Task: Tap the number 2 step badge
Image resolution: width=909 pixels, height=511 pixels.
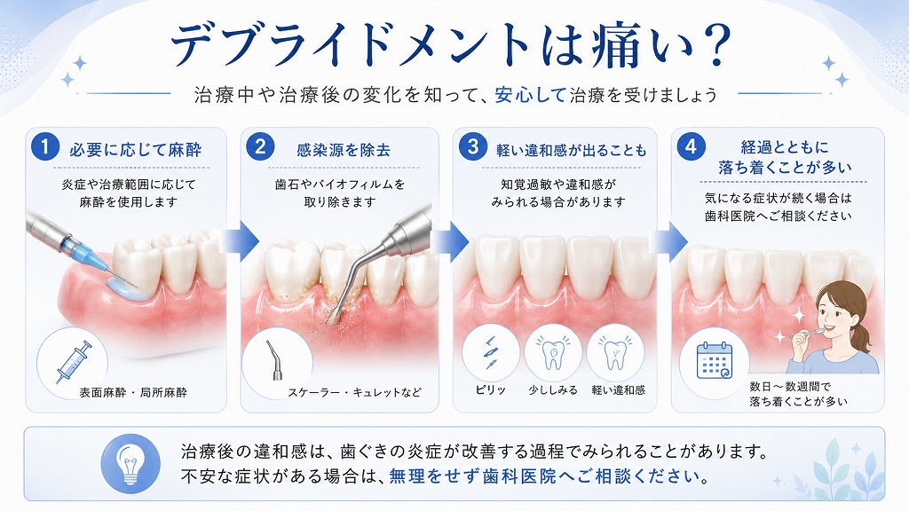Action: (x=260, y=146)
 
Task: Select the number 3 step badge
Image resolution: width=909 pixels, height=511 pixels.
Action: (x=472, y=146)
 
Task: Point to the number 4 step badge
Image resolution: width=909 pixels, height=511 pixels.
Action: (x=691, y=146)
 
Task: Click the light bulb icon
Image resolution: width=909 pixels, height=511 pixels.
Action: (x=130, y=464)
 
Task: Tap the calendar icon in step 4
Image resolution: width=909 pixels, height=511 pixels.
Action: (x=715, y=360)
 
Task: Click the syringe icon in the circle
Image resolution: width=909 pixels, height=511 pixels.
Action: (x=75, y=362)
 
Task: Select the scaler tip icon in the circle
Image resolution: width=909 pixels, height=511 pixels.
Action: (x=275, y=360)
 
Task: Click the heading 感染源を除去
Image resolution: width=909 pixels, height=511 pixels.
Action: (x=344, y=151)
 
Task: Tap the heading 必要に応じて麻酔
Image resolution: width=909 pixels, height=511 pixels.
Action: (x=136, y=151)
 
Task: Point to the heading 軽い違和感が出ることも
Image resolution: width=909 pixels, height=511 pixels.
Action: (x=571, y=151)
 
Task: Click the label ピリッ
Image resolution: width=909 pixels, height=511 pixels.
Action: (x=490, y=390)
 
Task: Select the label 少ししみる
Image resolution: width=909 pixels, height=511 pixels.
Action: (x=553, y=390)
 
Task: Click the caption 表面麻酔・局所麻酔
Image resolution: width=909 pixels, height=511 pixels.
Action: (x=133, y=393)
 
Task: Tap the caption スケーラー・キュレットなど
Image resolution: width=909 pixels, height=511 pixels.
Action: (x=355, y=393)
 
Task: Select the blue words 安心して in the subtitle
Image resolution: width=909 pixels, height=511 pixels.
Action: (x=530, y=94)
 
